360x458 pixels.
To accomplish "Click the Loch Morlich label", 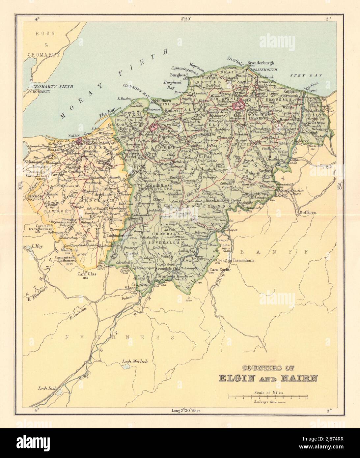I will [135, 361].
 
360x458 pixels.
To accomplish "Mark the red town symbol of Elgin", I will [238, 106].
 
